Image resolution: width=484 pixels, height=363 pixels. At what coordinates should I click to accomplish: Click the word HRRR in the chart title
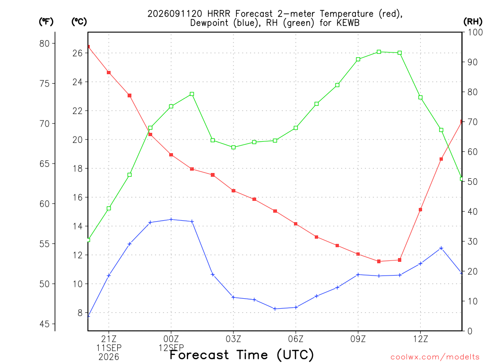tap(219, 14)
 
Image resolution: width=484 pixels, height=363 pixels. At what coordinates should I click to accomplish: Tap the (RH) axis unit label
tap(473, 22)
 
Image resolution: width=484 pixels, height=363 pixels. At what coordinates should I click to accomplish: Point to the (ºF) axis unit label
tap(46, 22)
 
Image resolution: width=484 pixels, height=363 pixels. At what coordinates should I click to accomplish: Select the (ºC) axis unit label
tap(79, 22)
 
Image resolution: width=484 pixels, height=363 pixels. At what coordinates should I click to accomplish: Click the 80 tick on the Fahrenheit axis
tap(44, 43)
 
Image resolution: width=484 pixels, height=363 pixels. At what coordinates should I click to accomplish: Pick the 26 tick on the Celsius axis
tap(78, 53)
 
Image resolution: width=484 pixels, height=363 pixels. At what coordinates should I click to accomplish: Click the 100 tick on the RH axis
tap(475, 32)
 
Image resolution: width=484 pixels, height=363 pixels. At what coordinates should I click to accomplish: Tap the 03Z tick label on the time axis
tap(233, 339)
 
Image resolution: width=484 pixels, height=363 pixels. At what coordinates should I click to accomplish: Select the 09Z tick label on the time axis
tap(358, 339)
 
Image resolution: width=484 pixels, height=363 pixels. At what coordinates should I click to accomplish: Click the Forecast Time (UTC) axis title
tap(242, 355)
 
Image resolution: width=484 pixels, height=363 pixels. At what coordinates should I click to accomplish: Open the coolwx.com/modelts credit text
tap(435, 357)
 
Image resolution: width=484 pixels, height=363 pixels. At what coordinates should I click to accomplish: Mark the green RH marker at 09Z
tap(358, 59)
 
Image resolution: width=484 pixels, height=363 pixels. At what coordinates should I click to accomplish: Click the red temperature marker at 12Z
tap(420, 209)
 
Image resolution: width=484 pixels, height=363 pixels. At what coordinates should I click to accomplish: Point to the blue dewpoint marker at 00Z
tap(171, 219)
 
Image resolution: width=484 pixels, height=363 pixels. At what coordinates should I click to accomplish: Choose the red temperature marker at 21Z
tap(109, 72)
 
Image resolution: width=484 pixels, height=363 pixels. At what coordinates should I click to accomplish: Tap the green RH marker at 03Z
tap(233, 147)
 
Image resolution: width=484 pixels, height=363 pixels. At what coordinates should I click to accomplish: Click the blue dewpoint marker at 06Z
tap(296, 307)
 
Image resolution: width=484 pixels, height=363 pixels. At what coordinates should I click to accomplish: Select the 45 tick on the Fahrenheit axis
tap(44, 324)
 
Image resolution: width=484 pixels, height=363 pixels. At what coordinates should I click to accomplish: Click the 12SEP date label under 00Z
tap(171, 348)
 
